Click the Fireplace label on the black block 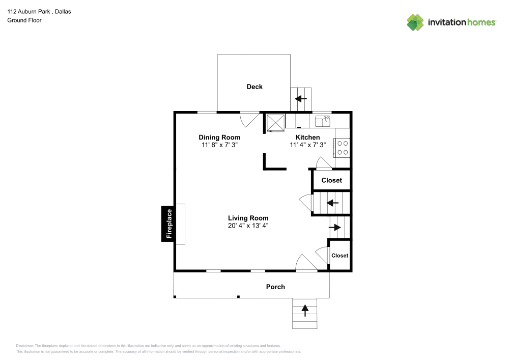click(x=169, y=224)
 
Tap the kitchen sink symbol click(x=322, y=121)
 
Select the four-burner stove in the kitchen click(x=342, y=148)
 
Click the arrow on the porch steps click(x=305, y=310)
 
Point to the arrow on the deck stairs click(x=301, y=99)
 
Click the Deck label click(x=254, y=87)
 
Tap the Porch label click(x=275, y=287)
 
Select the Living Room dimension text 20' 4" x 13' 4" click(x=248, y=225)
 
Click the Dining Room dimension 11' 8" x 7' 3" click(x=219, y=145)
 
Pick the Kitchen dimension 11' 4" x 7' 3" click(x=308, y=145)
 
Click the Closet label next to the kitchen click(x=331, y=180)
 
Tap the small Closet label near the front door click(x=340, y=256)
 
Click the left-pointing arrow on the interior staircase click(x=332, y=203)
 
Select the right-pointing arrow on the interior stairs click(x=334, y=227)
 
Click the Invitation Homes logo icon click(x=415, y=22)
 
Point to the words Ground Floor click(x=24, y=20)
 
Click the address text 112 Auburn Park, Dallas click(x=39, y=11)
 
